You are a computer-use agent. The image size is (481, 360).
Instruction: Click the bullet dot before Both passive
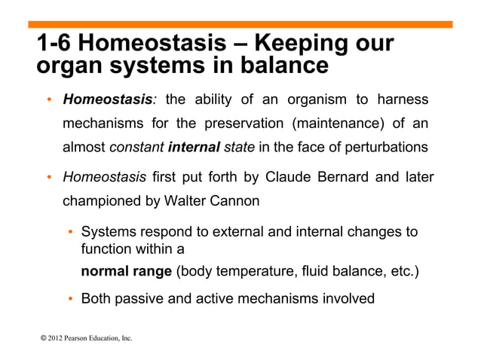tap(71, 299)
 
